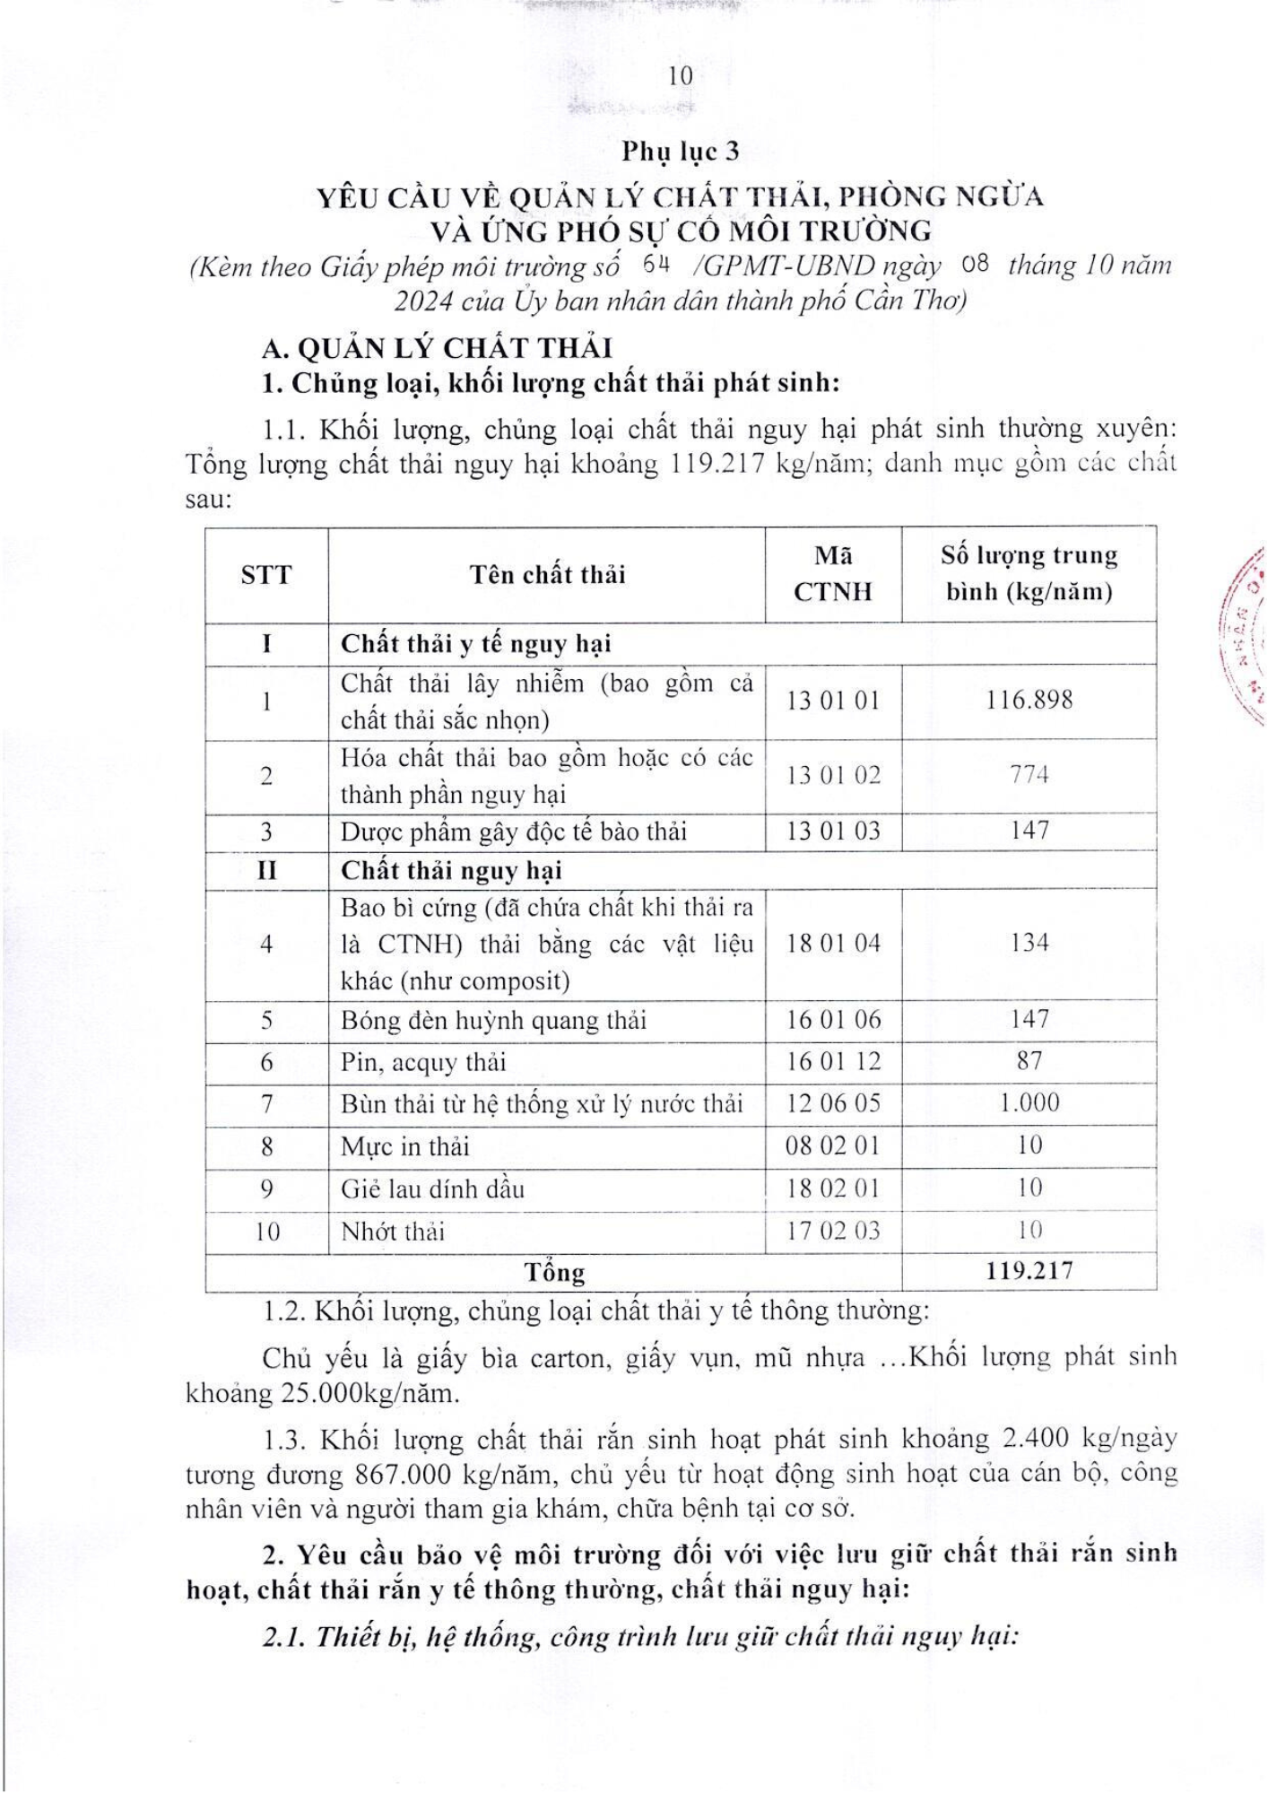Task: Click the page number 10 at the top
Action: (681, 77)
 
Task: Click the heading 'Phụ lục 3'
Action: (681, 152)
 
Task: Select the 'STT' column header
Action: (266, 575)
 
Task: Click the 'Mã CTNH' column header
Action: (833, 574)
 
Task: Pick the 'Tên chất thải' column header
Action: (547, 575)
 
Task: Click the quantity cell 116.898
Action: (1029, 701)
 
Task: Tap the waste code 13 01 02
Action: (833, 776)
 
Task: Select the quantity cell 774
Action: (1029, 775)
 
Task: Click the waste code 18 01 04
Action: (833, 944)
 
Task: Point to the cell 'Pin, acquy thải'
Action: (423, 1063)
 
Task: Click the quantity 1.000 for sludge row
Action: (1029, 1103)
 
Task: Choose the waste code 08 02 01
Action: (833, 1146)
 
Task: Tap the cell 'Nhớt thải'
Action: (393, 1232)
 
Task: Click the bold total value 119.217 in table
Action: (1029, 1271)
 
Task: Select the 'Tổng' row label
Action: (554, 1272)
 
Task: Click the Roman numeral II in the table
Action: (266, 871)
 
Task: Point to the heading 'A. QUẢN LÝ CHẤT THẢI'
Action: (437, 348)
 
